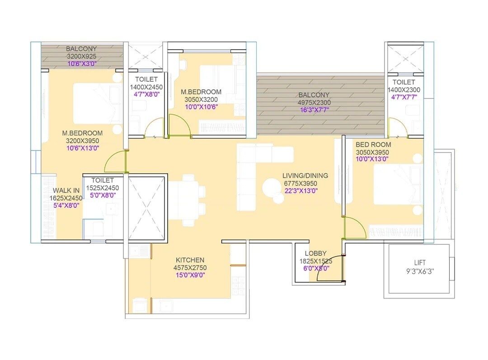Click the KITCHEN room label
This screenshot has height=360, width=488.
point(190,260)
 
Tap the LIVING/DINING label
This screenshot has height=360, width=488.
point(305,176)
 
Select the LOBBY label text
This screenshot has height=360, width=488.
point(315,253)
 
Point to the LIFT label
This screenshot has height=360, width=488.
point(420,262)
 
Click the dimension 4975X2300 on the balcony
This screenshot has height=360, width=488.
point(314,103)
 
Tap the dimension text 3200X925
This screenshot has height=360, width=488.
point(81,56)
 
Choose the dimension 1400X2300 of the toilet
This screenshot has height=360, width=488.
point(404,89)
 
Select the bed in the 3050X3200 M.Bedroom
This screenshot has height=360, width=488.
point(218,80)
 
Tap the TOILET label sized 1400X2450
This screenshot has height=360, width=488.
point(146,80)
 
